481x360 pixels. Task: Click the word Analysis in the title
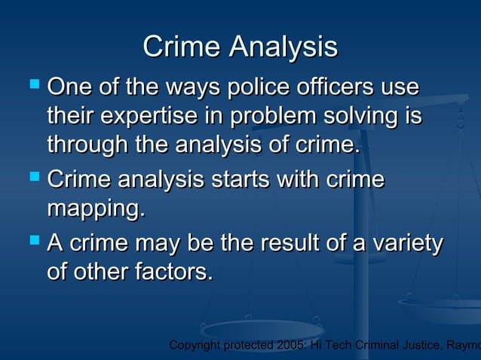pyautogui.click(x=283, y=48)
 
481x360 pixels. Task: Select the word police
pyautogui.click(x=259, y=87)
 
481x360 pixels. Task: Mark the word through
pyautogui.click(x=88, y=144)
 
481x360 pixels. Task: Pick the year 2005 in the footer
pyautogui.click(x=288, y=346)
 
